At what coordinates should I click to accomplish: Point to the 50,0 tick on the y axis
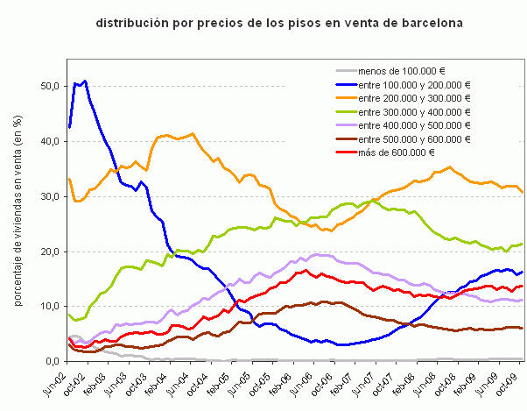(x=50, y=86)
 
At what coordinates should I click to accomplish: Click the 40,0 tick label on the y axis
(x=50, y=141)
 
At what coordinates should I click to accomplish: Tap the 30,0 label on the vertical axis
(x=50, y=196)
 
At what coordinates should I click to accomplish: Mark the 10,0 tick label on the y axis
(x=50, y=306)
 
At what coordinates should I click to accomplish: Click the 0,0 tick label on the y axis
(x=53, y=361)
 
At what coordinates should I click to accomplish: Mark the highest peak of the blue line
(x=84, y=81)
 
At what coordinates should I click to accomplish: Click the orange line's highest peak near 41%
(x=193, y=133)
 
